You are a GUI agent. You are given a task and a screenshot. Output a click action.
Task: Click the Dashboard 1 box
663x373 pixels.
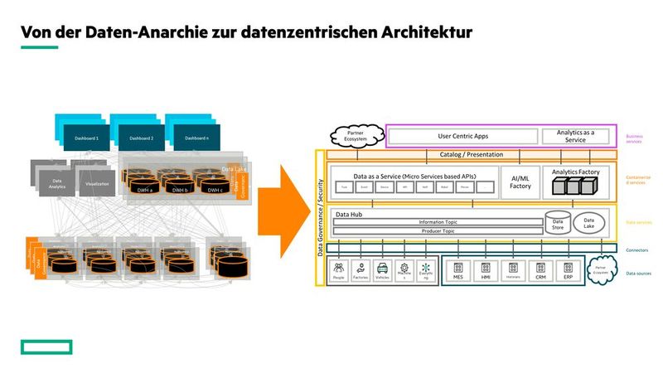pyautogui.click(x=86, y=138)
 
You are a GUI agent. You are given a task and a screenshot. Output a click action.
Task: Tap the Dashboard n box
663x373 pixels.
pyautogui.click(x=196, y=138)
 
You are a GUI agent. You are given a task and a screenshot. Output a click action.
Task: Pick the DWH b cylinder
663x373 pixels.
pyautogui.click(x=178, y=184)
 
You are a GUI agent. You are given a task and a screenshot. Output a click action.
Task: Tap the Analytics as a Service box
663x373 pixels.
pyautogui.click(x=576, y=136)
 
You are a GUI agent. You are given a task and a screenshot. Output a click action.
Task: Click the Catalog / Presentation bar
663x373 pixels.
pyautogui.click(x=472, y=155)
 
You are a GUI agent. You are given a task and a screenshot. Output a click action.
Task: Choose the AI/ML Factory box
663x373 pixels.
pyautogui.click(x=520, y=182)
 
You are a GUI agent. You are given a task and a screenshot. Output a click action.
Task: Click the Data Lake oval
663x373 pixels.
pyautogui.click(x=589, y=223)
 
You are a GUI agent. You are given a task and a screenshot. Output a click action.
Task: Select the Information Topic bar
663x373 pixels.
pyautogui.click(x=438, y=222)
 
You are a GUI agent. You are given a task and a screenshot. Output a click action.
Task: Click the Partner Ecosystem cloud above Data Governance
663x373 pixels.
pyautogui.click(x=356, y=135)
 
